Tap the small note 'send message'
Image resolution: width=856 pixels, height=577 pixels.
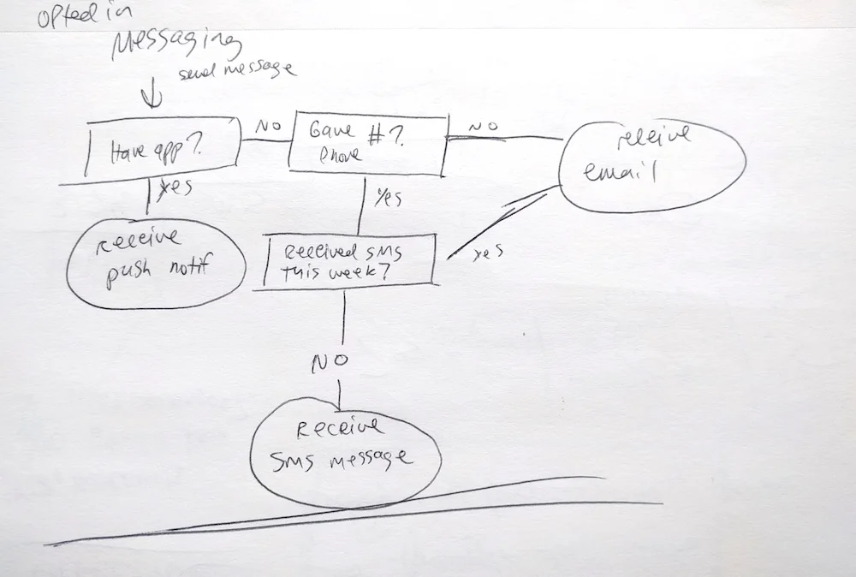coord(236,72)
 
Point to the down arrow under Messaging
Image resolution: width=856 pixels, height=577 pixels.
coord(155,96)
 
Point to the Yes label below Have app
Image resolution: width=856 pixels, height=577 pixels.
coord(175,189)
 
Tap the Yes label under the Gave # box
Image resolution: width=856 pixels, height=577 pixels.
coord(388,197)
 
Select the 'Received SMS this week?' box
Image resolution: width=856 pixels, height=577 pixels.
coord(348,261)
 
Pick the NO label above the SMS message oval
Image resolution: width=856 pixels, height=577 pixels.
coord(329,361)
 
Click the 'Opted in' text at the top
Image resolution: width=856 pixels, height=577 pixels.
coord(77,19)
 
